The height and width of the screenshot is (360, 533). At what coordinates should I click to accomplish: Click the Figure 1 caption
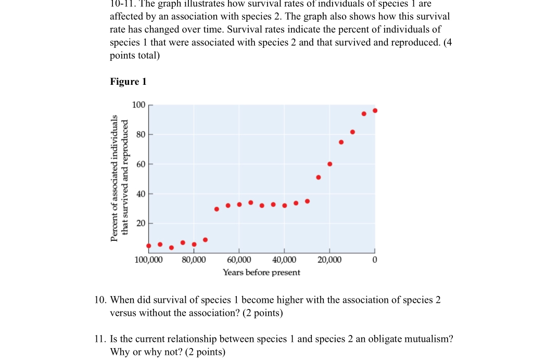point(128,82)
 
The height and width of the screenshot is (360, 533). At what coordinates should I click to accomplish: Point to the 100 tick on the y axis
point(139,105)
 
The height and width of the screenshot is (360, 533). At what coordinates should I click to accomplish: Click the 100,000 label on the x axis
point(149,260)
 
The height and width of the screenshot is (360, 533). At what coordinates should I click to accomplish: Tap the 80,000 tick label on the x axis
point(194,260)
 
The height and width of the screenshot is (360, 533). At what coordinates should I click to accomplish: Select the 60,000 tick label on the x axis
point(239,260)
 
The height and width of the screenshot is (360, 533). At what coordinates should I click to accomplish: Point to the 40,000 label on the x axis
point(284,260)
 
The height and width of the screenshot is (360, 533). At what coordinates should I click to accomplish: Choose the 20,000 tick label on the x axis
point(329,260)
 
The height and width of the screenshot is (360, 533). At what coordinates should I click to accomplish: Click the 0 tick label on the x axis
point(374,260)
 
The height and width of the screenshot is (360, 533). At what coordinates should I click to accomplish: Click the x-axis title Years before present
point(261,272)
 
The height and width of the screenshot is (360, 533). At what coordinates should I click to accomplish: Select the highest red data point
point(375,110)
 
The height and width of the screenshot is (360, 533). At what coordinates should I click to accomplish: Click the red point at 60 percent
point(329,164)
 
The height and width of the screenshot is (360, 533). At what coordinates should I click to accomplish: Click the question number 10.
point(100,300)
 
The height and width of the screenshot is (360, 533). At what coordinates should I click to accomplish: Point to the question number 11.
point(100,339)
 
